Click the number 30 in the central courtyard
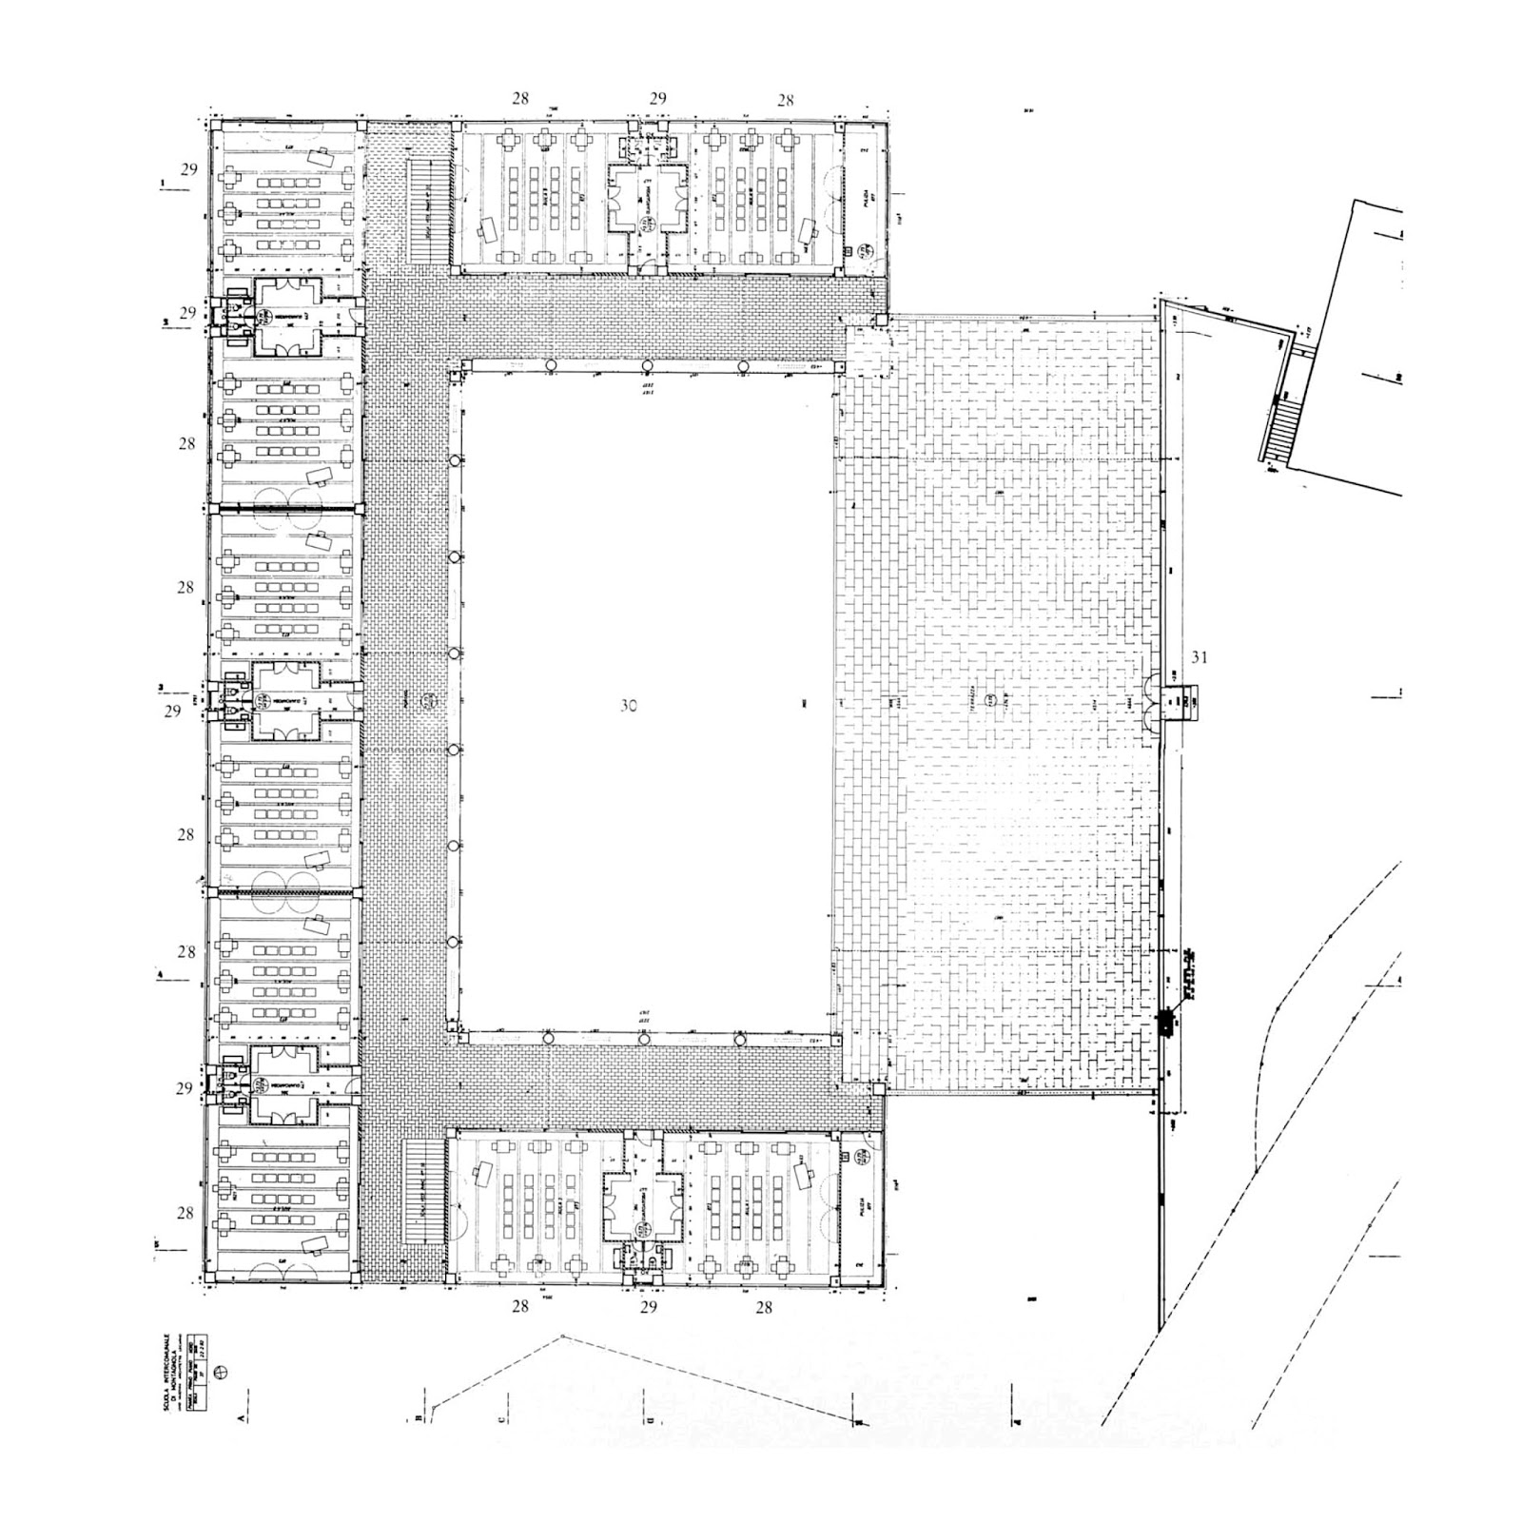coord(628,706)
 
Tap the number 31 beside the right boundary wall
coord(1200,656)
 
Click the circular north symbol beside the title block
coord(223,1371)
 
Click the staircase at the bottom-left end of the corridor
coord(424,1190)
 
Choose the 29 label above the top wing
coord(657,99)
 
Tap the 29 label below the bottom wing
coord(648,1308)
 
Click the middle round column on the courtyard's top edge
coord(647,366)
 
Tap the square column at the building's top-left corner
coord(214,125)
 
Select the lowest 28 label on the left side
coord(185,1213)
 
